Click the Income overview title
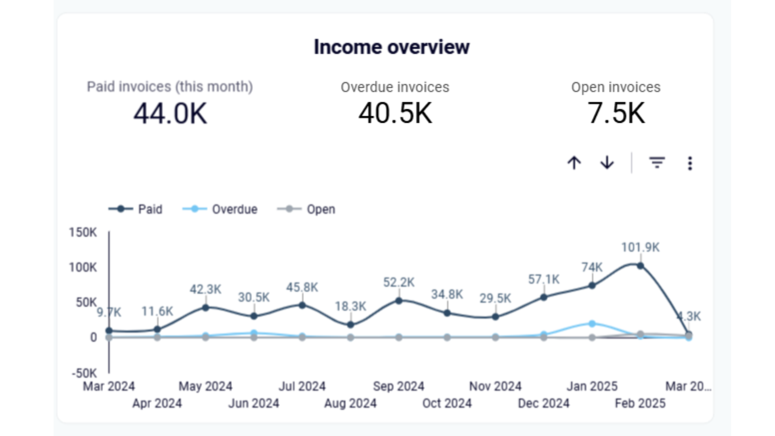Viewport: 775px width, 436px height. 392,47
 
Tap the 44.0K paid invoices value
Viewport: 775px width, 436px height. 170,113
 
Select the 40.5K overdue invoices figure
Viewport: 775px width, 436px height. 395,113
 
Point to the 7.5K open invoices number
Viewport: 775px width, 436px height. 616,113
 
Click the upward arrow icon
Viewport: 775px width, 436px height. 574,163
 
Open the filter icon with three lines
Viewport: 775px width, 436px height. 657,163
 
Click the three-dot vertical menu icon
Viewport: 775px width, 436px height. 690,163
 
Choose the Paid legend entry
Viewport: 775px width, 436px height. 136,209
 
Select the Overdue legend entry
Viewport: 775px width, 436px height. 220,209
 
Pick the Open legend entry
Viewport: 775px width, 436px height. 306,209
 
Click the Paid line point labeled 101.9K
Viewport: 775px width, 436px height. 640,266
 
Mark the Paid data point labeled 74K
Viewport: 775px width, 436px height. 592,285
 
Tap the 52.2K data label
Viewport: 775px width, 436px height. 399,282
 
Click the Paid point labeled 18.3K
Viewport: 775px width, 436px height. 350,325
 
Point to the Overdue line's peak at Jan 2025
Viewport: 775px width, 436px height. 592,324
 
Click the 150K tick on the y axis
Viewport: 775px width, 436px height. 83,233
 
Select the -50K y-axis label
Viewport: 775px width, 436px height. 84,373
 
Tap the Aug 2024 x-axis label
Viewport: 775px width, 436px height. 350,403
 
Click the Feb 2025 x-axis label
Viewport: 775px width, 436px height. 640,403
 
